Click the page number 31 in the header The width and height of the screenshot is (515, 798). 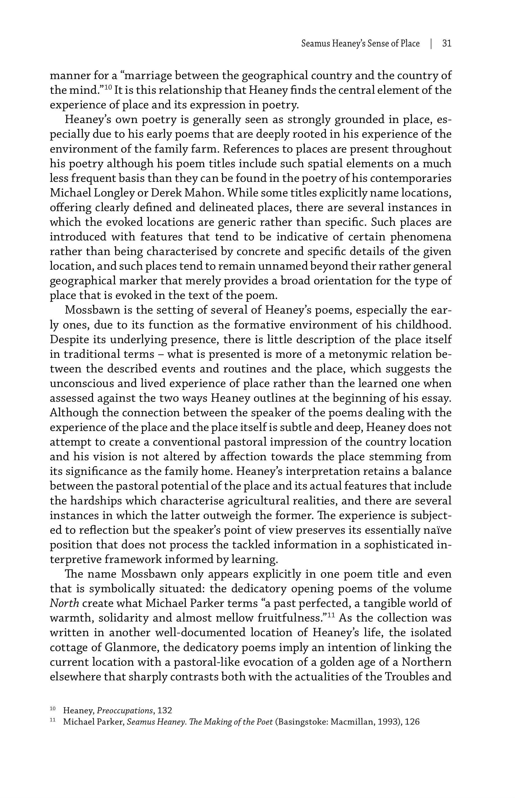pos(447,44)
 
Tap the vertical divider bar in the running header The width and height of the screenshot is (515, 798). pos(431,44)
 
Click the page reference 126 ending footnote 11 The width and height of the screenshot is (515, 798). pos(412,722)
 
